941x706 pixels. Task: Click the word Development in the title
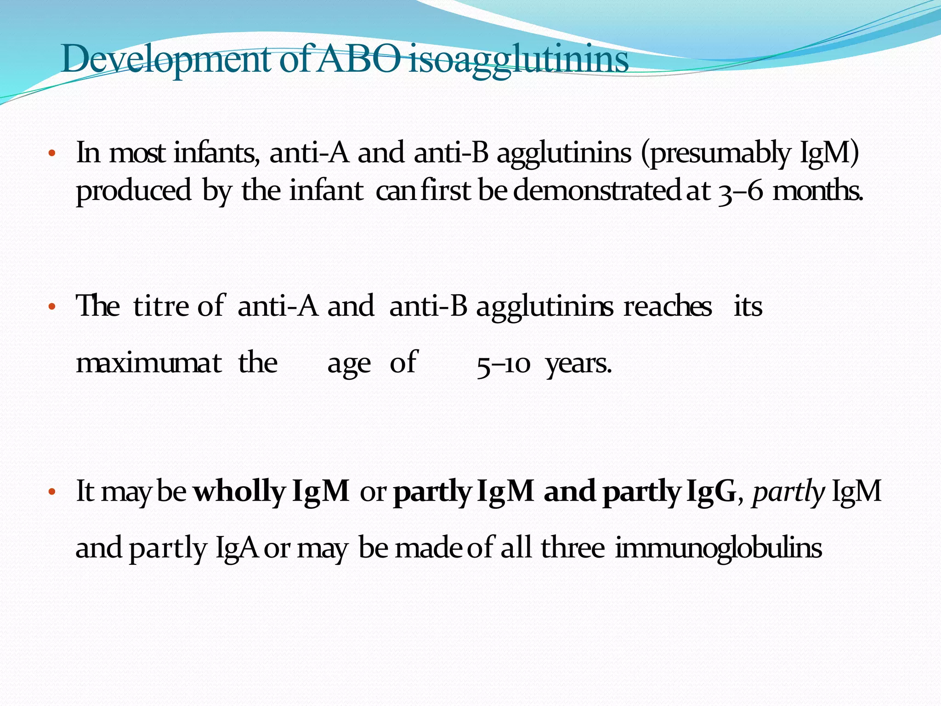tap(165, 60)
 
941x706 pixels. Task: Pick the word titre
tap(161, 306)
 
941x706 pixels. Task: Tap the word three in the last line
tap(573, 548)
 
